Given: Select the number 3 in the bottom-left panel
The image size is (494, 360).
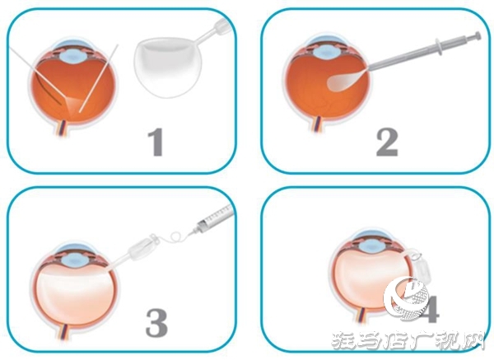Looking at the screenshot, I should (x=156, y=321).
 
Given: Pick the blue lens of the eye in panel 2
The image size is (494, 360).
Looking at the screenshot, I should (x=324, y=51).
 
